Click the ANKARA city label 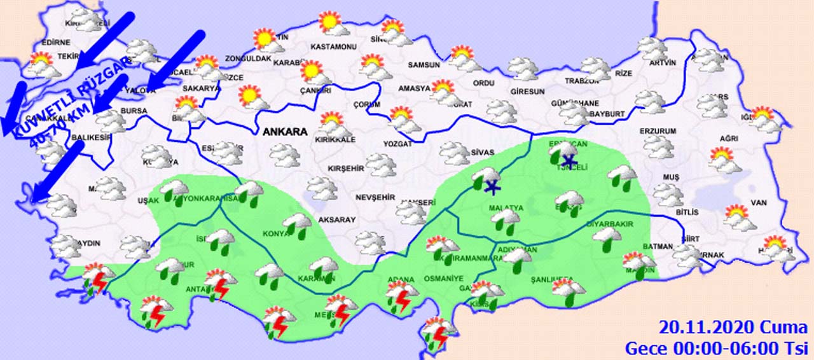point(284,132)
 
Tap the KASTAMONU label point(333,47)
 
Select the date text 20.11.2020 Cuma point(733,328)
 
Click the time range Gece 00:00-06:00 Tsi point(715,348)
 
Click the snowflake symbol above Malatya point(491,186)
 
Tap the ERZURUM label point(658,131)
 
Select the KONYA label point(275,233)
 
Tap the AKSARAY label point(337,219)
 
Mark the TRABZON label point(582,81)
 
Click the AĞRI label point(729,139)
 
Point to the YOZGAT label point(398,144)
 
